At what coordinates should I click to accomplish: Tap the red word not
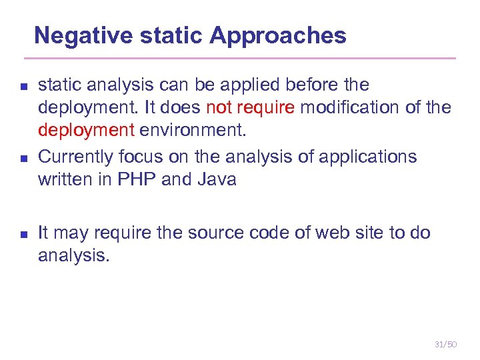click(x=219, y=107)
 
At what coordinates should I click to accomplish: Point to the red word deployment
click(x=86, y=129)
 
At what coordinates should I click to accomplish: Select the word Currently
click(x=75, y=157)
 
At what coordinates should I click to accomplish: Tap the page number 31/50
click(x=445, y=344)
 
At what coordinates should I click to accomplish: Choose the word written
click(x=65, y=179)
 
